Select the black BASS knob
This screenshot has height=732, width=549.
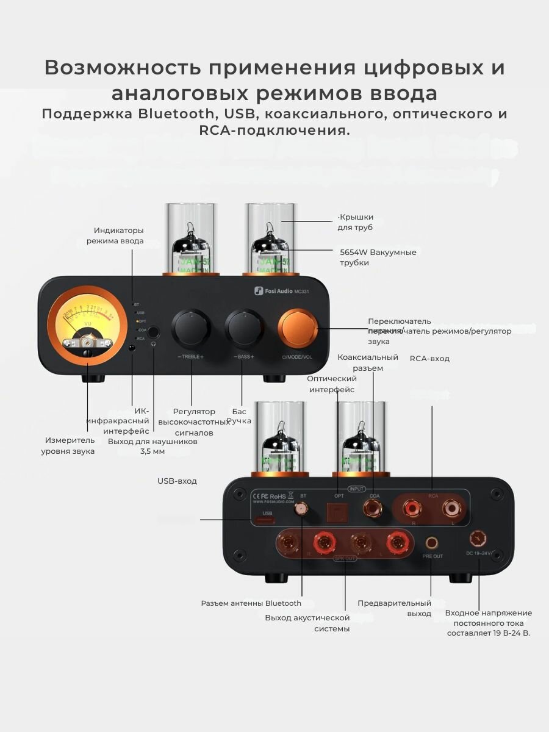243,329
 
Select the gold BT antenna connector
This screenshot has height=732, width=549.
301,509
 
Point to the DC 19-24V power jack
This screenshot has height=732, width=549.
478,539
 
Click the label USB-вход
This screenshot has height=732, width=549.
177,481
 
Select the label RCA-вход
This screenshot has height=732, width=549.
429,359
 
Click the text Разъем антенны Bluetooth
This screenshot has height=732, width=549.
251,603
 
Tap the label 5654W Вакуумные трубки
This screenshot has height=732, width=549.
378,257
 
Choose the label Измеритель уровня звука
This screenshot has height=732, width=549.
68,445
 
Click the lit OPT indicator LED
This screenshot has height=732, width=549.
137,321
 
